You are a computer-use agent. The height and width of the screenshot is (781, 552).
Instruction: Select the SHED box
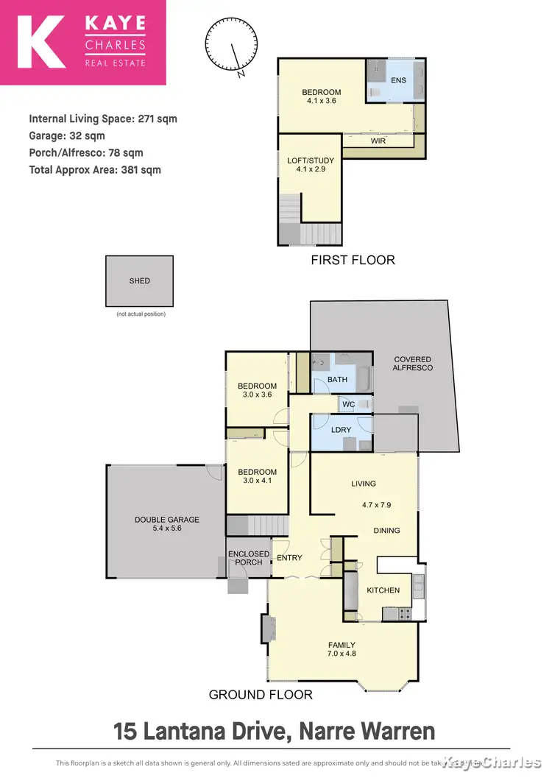click(139, 280)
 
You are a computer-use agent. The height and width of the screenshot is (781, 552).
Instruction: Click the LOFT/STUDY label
click(310, 160)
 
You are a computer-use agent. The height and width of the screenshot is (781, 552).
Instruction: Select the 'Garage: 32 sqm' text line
click(66, 135)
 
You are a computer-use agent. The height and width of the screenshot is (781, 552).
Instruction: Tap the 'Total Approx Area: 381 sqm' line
click(95, 170)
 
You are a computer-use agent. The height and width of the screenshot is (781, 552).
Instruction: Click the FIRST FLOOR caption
click(353, 260)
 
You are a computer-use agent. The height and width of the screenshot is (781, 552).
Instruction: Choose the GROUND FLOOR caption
click(261, 694)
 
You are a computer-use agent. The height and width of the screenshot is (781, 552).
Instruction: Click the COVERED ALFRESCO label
click(412, 364)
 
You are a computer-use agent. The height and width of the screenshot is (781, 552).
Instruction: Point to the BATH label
click(337, 380)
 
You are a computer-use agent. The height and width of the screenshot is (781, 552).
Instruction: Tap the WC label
click(348, 404)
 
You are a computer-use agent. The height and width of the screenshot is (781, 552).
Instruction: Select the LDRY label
click(342, 429)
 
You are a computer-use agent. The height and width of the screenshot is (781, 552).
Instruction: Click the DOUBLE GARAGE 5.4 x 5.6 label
click(166, 524)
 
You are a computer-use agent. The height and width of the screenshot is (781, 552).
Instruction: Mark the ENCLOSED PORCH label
click(248, 558)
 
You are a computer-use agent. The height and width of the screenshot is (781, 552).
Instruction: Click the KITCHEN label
click(383, 590)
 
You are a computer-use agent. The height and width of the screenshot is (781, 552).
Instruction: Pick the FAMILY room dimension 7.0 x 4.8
click(342, 653)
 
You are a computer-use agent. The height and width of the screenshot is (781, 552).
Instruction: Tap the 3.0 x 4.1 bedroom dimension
click(257, 481)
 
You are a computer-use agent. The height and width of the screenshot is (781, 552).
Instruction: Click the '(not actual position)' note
click(140, 314)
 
